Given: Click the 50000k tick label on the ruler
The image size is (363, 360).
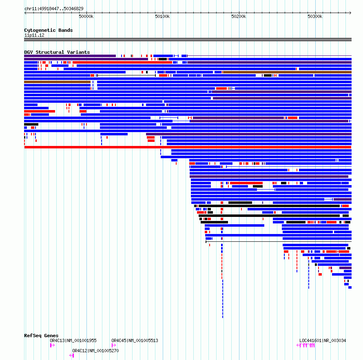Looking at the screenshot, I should (86, 16).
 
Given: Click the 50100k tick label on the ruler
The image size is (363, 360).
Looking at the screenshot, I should (162, 16).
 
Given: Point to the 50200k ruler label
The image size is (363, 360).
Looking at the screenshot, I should (239, 16).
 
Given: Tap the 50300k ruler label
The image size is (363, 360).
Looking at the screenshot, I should (315, 16).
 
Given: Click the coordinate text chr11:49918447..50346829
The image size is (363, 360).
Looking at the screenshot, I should (54, 9).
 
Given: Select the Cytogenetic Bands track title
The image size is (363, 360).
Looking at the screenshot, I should (48, 30).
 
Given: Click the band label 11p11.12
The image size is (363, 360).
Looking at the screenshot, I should (34, 35).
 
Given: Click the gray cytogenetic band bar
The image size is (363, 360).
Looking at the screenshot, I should (188, 40).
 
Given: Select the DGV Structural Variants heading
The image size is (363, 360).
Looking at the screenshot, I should (57, 52).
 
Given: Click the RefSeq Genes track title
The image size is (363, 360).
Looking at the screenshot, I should (41, 336).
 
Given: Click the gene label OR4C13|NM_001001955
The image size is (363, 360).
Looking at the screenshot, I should (73, 340).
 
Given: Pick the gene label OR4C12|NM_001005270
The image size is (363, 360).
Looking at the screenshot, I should (95, 351).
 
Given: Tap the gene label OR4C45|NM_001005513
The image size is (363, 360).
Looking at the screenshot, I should (135, 340).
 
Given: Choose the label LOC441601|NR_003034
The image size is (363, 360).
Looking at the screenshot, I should (323, 340).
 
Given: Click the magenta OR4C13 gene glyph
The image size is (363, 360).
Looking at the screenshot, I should (52, 345).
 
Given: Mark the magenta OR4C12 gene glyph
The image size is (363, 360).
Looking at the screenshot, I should (72, 356).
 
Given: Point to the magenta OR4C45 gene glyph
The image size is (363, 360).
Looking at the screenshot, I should (113, 345).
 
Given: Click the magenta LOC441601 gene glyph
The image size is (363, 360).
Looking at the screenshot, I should (306, 345).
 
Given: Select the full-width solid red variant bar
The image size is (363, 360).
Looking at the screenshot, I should (188, 147).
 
